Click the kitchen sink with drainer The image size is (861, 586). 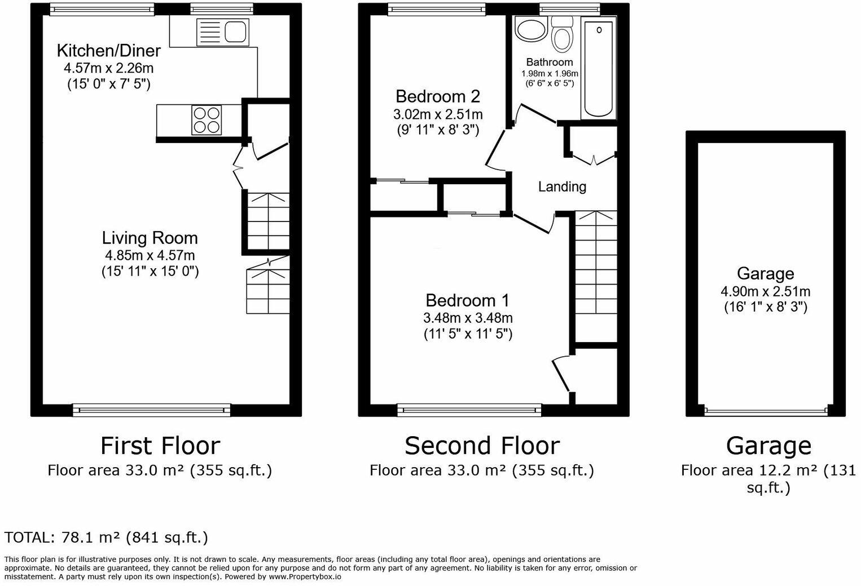222,32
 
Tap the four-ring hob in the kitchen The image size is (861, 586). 207,120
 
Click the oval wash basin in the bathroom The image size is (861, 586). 530,29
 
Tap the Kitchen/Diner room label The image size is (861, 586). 109,51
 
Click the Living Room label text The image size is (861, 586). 150,238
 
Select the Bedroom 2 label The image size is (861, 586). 438,96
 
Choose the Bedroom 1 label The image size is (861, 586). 467,300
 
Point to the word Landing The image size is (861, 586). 562,187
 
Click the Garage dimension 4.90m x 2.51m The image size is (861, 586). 766,292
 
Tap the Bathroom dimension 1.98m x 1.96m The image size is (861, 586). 550,73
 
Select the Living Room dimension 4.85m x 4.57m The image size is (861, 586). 150,255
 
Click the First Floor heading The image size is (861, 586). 160,446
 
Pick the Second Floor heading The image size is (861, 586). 482,446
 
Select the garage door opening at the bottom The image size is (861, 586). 766,412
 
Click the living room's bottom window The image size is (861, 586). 151,410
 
